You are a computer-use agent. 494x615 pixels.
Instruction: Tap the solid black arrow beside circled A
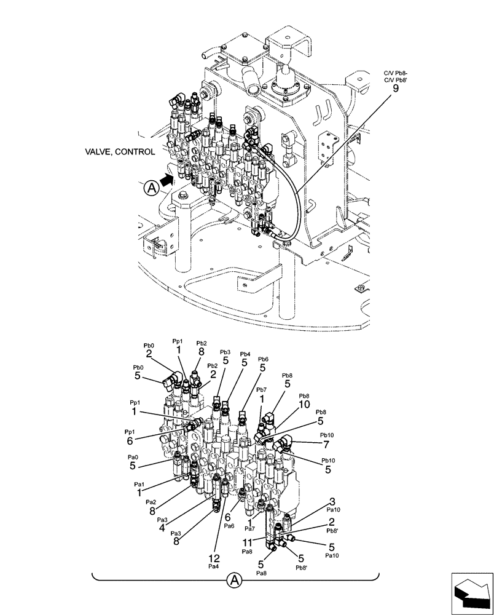tap(167, 180)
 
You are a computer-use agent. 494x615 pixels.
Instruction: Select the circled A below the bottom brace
tap(234, 579)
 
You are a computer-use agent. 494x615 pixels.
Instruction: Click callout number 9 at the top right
tap(395, 89)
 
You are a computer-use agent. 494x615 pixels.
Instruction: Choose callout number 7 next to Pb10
tap(326, 443)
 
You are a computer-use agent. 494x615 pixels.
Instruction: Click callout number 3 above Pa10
tap(332, 502)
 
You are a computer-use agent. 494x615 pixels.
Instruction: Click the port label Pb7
tap(261, 390)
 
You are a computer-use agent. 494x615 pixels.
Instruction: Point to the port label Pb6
tap(263, 359)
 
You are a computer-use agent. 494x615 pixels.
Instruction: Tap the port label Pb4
tap(245, 354)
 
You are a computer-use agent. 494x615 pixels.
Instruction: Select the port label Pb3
tap(225, 352)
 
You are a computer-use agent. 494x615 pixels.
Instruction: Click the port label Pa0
tap(133, 458)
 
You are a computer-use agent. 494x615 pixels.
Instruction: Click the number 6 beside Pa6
tap(227, 518)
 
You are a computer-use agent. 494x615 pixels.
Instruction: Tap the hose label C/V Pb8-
tap(394, 72)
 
